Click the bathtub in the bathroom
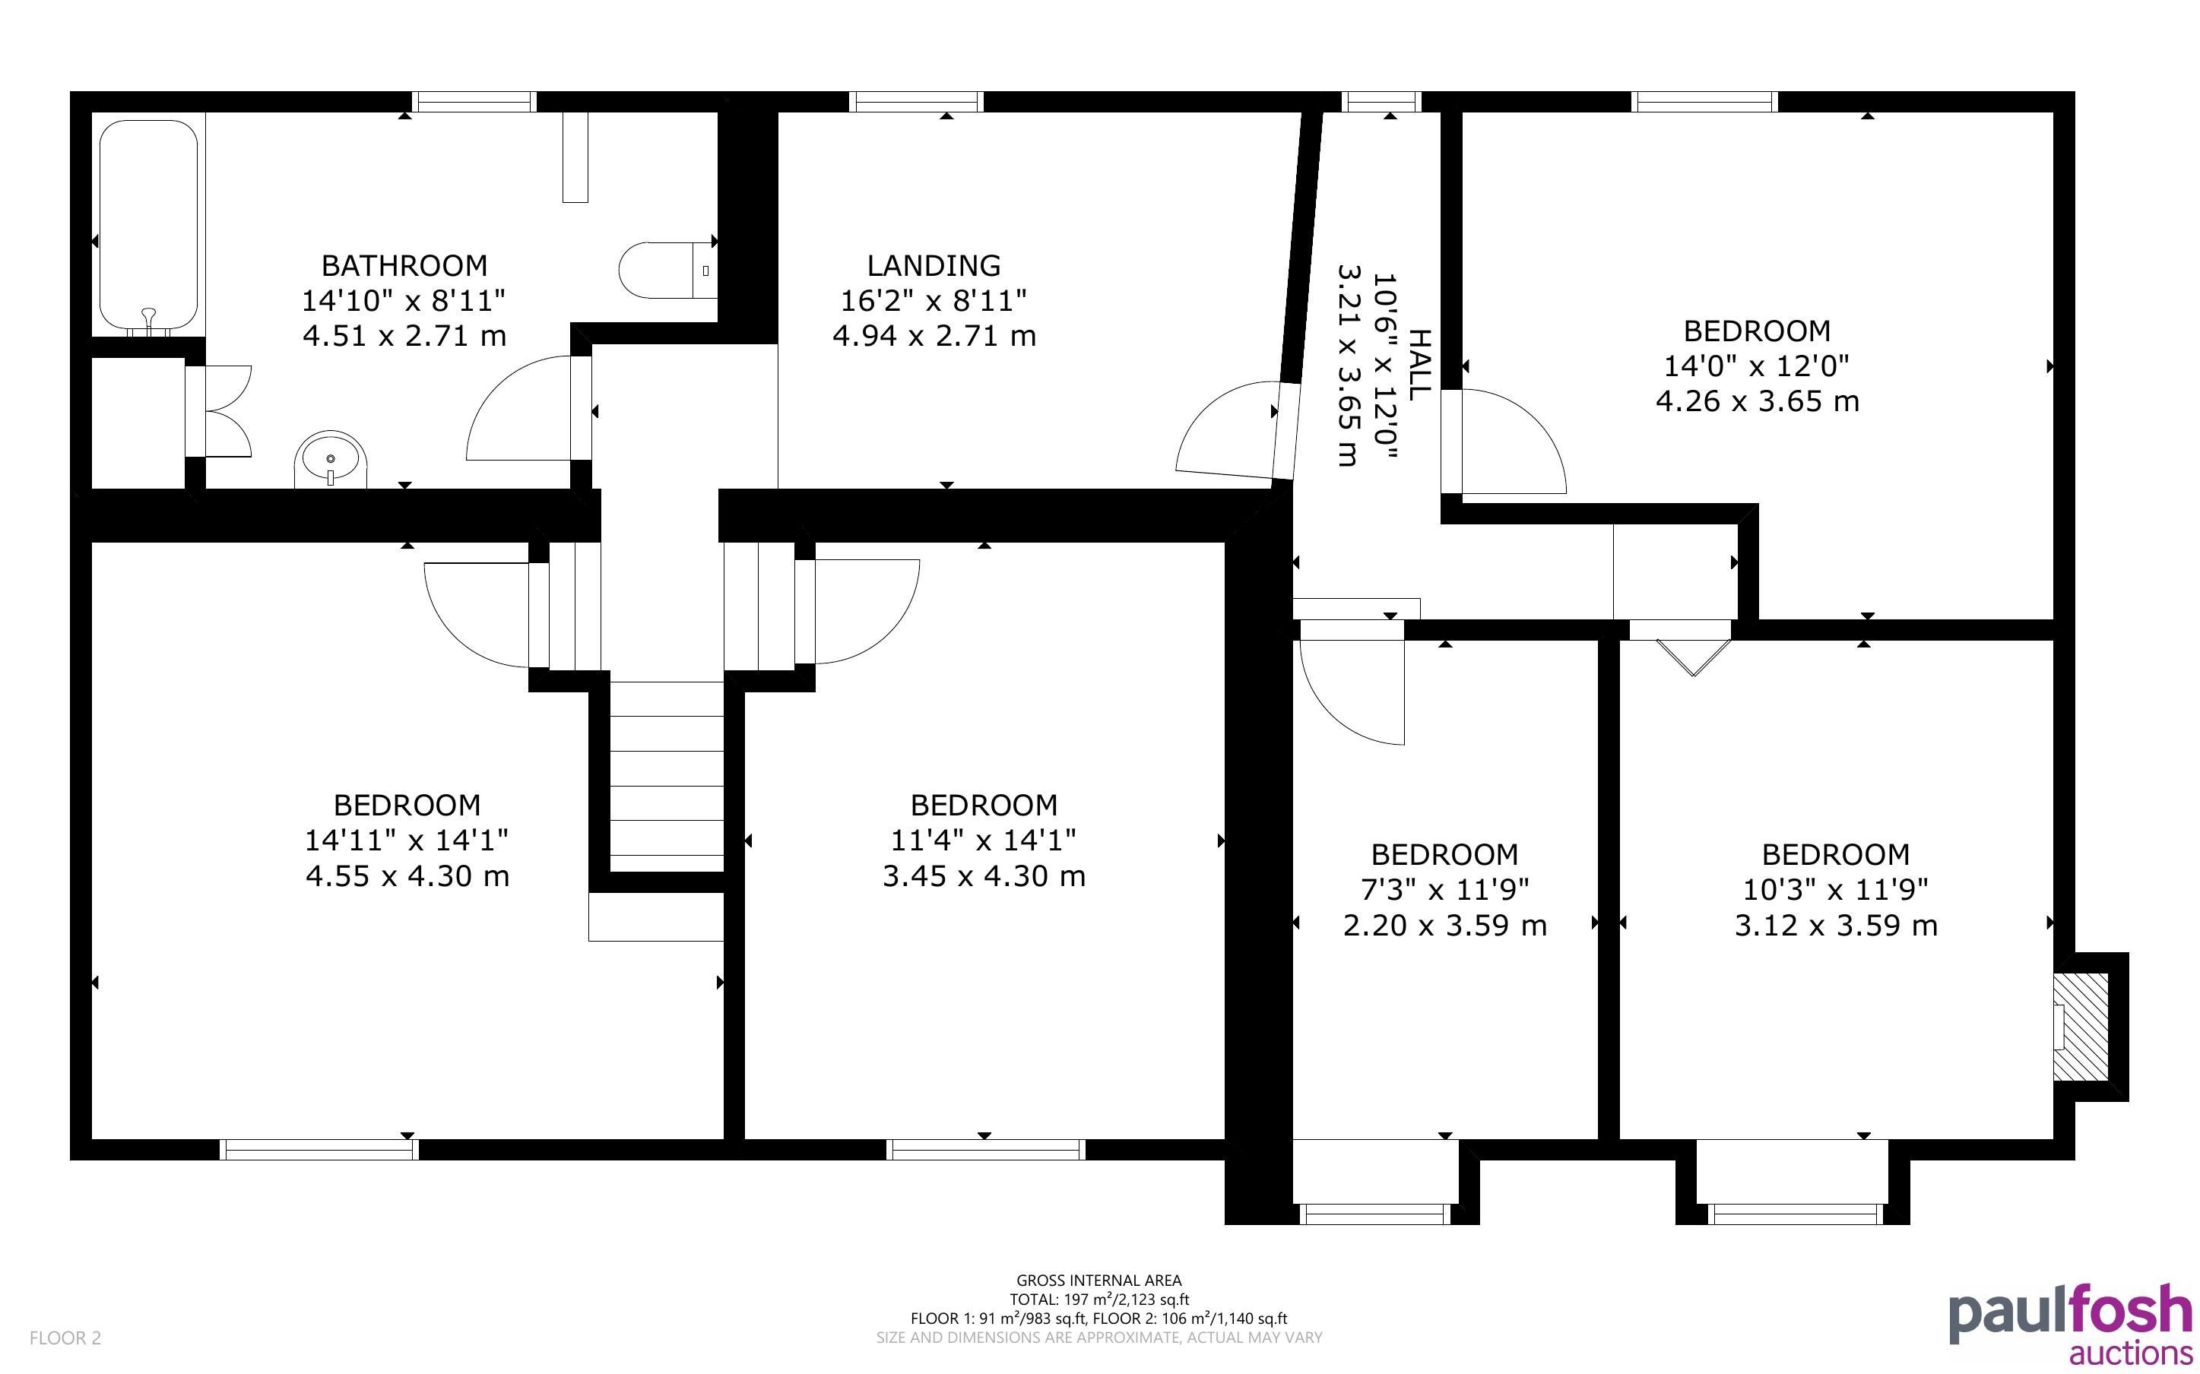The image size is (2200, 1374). coord(148,227)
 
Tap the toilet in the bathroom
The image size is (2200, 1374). coord(668,270)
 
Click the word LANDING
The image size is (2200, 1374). coord(934,265)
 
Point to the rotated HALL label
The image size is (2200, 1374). coord(1418,366)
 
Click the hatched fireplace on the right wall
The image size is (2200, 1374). coord(2080,1027)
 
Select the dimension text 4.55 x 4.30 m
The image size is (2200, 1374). coord(407,876)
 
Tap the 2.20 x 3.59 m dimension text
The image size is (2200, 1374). coord(1445,925)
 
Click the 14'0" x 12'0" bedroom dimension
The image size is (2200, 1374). coord(1757,366)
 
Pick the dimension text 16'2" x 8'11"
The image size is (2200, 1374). coord(934,300)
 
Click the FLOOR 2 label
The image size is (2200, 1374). coord(65,1338)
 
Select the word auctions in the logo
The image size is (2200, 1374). coord(2130,1351)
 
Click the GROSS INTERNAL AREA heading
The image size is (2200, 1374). coord(1098,1281)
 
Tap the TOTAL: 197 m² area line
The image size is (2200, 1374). coord(1098,1300)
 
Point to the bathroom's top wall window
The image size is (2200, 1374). coord(474,102)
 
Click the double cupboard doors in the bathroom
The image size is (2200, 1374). coord(218,412)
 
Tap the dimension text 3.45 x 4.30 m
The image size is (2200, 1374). coord(984,876)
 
